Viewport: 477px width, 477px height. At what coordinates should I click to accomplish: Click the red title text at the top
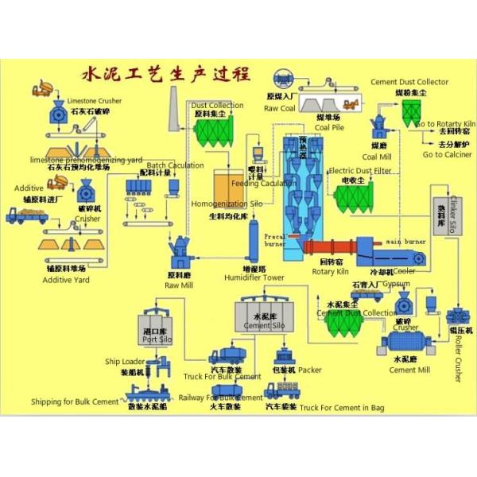point(167,76)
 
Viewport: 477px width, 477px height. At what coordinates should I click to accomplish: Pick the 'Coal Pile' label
point(329,126)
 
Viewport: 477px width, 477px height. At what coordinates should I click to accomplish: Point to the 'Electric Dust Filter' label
point(360,171)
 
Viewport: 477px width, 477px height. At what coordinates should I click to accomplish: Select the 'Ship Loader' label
point(125,362)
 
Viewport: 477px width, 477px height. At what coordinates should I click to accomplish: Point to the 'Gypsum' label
point(396,284)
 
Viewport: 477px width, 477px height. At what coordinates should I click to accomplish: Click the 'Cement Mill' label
point(410,369)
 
